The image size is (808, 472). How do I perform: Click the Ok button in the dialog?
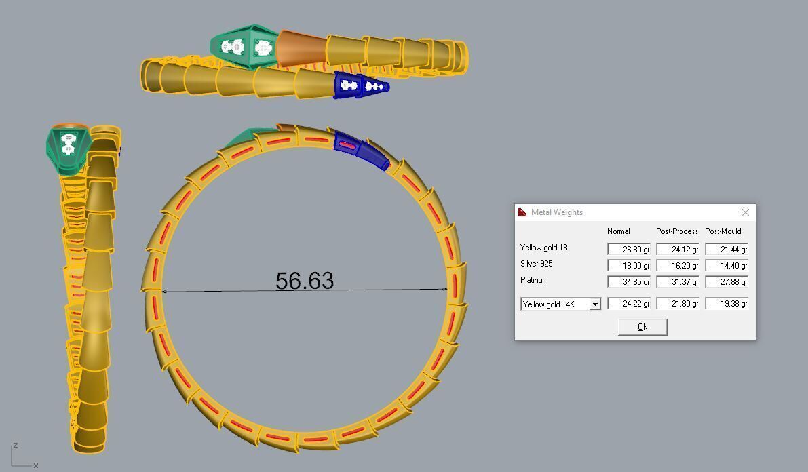click(642, 327)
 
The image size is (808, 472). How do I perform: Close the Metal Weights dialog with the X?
click(745, 212)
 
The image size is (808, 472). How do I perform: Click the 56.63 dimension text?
click(305, 281)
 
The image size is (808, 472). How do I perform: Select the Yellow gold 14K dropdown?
click(560, 304)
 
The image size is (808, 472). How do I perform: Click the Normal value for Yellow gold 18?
click(629, 249)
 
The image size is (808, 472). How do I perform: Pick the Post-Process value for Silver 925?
click(677, 266)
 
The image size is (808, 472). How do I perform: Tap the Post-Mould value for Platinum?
click(727, 282)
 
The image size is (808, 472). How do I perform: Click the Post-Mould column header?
click(724, 231)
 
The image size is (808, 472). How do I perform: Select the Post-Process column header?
click(676, 231)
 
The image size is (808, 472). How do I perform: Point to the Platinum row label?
click(534, 280)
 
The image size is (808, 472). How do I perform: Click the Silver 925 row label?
click(536, 264)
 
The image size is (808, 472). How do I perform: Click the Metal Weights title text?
click(556, 212)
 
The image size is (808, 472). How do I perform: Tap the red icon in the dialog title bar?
click(522, 212)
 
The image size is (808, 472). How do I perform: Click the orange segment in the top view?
click(301, 48)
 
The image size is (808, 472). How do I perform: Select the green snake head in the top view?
click(243, 47)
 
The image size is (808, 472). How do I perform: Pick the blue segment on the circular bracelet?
click(360, 149)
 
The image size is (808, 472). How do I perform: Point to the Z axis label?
click(15, 445)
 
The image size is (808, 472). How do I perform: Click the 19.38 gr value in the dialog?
click(727, 304)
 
